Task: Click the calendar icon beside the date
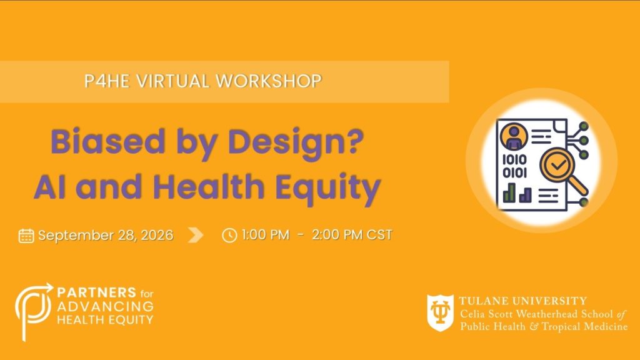(x=26, y=236)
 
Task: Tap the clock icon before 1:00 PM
(x=229, y=236)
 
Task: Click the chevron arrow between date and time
(x=196, y=235)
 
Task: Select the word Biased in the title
(x=107, y=142)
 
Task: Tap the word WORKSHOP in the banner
(x=269, y=81)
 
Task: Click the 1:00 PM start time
(x=266, y=235)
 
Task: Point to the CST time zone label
(x=379, y=235)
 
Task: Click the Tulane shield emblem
(x=441, y=312)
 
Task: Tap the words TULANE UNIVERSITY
(x=523, y=301)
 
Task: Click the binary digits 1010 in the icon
(x=514, y=159)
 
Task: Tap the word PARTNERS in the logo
(x=97, y=292)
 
